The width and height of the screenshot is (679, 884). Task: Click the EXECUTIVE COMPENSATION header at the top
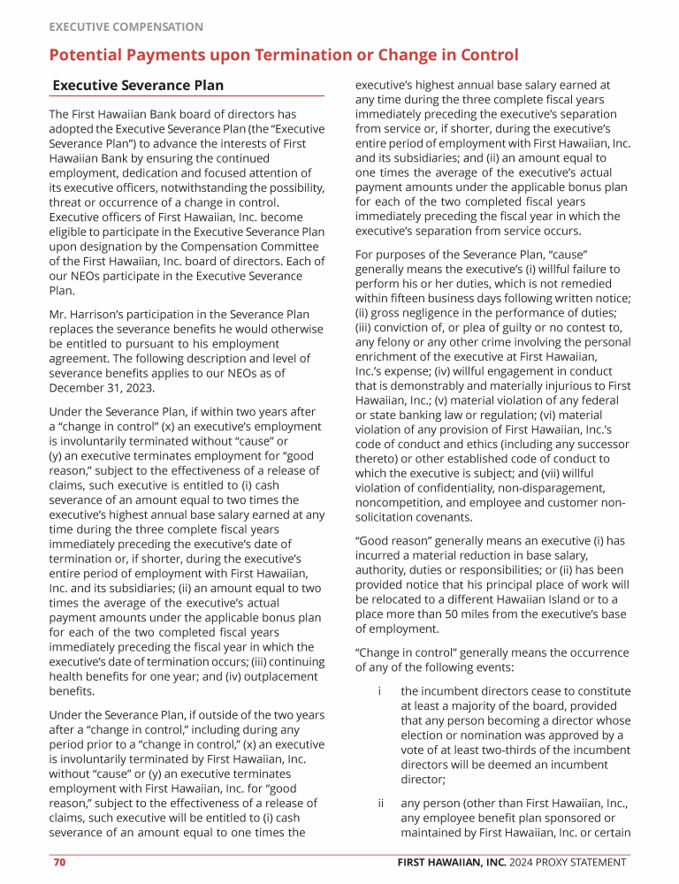click(x=126, y=27)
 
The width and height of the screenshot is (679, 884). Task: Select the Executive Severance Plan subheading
click(x=138, y=86)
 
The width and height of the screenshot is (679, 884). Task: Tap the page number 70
click(x=59, y=863)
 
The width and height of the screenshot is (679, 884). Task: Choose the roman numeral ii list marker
click(x=380, y=804)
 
